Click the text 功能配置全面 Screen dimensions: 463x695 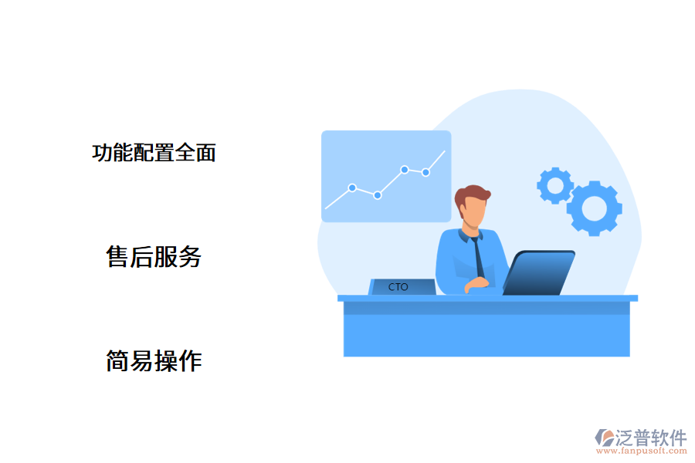154,152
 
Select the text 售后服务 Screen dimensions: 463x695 154,257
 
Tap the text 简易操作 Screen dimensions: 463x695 154,360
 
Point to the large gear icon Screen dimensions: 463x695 594,208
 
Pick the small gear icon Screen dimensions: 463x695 554,185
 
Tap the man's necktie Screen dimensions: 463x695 478,255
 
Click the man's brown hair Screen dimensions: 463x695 470,196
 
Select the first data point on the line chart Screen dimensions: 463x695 352,188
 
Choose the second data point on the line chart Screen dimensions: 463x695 378,195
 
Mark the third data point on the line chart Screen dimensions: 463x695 405,169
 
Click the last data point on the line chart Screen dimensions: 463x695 425,172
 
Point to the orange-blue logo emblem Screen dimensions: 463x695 603,438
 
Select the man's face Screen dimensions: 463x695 473,212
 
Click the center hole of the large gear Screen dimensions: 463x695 594,208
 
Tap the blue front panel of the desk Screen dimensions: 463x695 486,335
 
